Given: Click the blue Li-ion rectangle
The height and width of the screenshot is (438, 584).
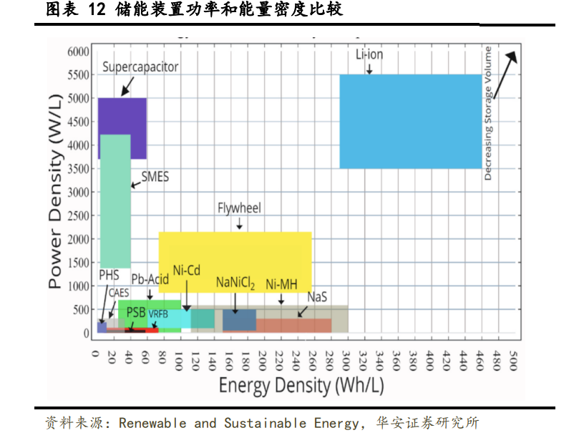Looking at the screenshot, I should click(410, 121).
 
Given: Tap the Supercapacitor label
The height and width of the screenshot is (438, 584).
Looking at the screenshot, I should click(140, 67).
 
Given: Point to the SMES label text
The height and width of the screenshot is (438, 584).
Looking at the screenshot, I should click(155, 177).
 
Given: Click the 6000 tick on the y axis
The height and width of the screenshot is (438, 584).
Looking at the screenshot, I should click(78, 52).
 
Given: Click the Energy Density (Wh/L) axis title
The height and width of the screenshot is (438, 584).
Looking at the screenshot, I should click(301, 386).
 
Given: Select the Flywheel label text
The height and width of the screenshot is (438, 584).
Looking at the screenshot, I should click(239, 208).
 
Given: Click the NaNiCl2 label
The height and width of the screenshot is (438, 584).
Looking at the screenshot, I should click(235, 283).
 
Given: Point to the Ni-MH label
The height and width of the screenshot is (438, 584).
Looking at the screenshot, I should click(281, 284).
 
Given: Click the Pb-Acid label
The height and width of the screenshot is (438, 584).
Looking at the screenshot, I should click(149, 278).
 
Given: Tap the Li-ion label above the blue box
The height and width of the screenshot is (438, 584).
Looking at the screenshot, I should click(370, 55).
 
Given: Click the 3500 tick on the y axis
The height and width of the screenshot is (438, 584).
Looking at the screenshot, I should click(78, 169).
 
